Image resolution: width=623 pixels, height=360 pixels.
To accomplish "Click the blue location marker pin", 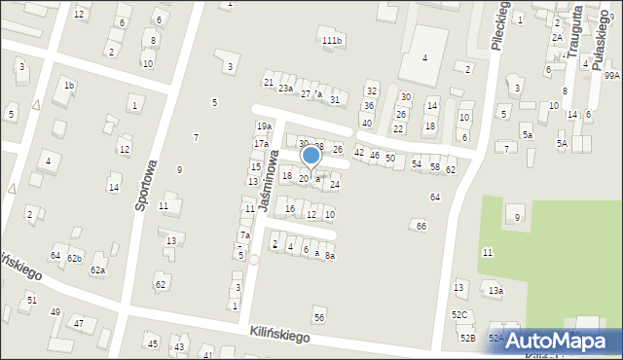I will click(x=311, y=156).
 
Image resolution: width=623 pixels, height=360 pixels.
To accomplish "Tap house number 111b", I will click(x=333, y=40).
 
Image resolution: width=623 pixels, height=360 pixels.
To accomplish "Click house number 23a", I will click(x=285, y=89).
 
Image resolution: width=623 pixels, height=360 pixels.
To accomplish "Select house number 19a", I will click(x=263, y=126).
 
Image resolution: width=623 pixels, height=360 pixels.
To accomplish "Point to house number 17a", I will click(x=261, y=144).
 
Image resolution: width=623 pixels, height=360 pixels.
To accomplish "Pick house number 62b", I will click(x=74, y=258).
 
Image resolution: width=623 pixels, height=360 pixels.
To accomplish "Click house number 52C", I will click(x=459, y=314).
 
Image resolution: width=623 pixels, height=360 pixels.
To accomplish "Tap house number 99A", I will click(x=611, y=75).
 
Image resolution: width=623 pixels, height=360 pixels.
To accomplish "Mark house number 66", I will click(x=421, y=226).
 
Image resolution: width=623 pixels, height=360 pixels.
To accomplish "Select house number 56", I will click(x=318, y=318).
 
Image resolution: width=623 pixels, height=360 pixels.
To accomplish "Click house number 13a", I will click(x=496, y=291).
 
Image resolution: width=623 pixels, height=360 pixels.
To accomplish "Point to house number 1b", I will click(x=68, y=86).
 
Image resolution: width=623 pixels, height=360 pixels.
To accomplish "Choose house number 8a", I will click(x=330, y=255).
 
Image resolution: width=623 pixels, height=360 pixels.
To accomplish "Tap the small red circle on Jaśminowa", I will click(x=254, y=259).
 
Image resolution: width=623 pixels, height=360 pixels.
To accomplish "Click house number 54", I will click(x=417, y=164).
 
